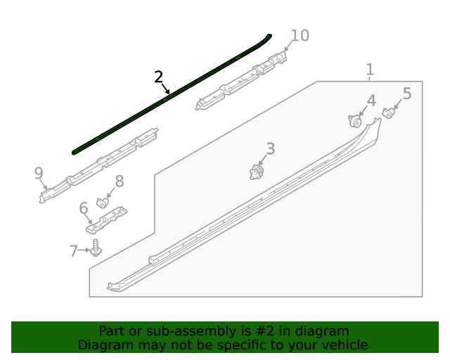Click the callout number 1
point(370,70)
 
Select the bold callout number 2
point(159,77)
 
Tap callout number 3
point(270,148)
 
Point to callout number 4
point(371,101)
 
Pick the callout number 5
point(406,94)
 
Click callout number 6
point(84,207)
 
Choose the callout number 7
point(74,250)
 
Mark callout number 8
point(119,181)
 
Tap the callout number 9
point(39,173)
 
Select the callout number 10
point(300,36)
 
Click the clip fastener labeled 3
point(257,171)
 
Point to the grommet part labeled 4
point(356,122)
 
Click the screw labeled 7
point(96,248)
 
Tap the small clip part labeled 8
point(102,202)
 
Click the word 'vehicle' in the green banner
point(344,345)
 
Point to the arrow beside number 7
point(85,250)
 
